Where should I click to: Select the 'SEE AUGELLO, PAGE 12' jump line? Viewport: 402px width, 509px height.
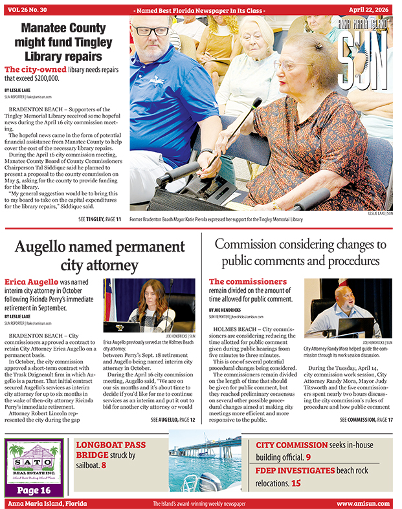click(x=173, y=420)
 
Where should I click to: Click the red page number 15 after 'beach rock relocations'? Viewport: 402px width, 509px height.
click(x=296, y=482)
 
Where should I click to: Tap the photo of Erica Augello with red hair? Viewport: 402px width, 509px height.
click(x=149, y=305)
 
